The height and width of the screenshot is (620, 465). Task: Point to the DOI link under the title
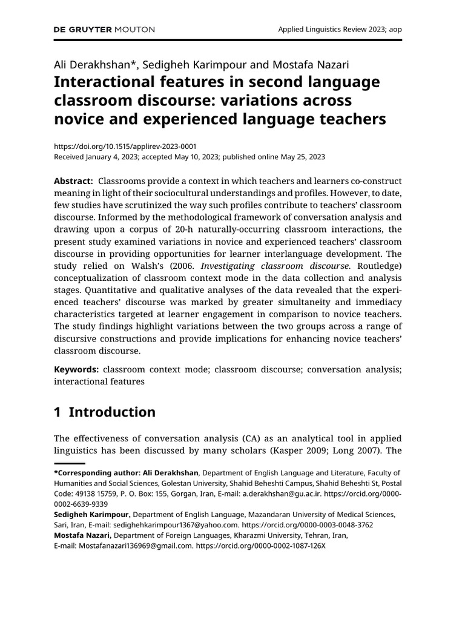click(125, 146)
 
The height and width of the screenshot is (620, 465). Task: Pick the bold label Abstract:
click(73, 182)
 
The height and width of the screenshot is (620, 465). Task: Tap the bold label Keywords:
click(76, 369)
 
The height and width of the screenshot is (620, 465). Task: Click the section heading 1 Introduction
click(104, 412)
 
